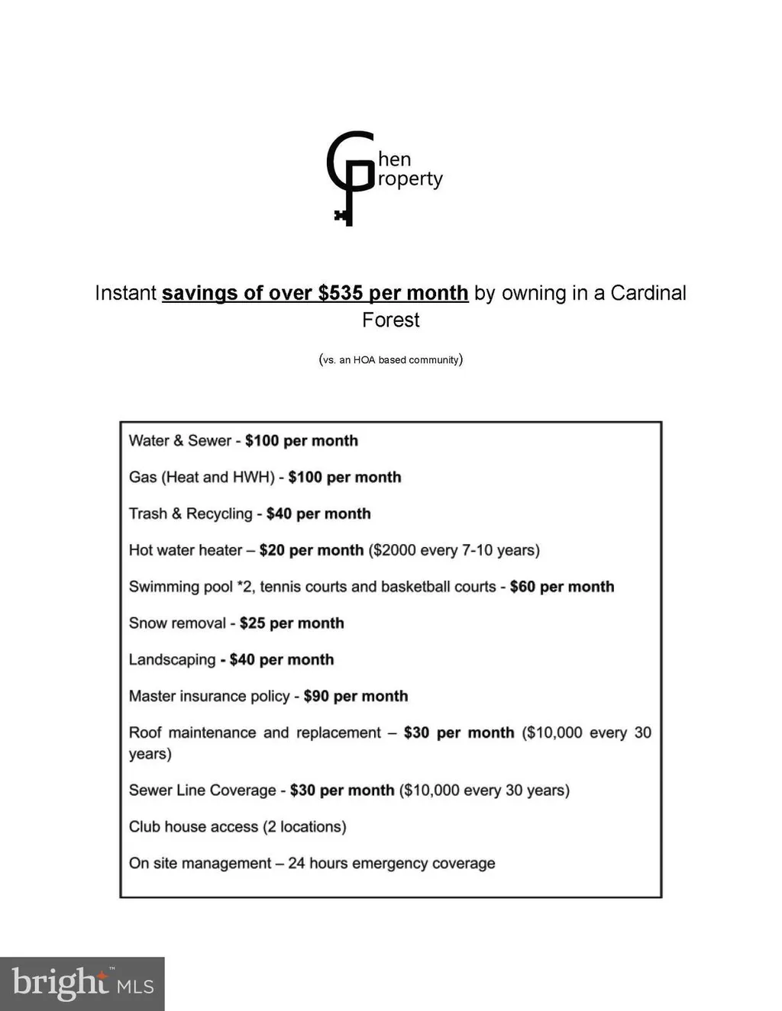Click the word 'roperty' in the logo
click(x=410, y=179)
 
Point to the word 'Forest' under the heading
click(x=390, y=320)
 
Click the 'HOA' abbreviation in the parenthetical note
click(x=364, y=359)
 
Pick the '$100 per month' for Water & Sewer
click(x=301, y=440)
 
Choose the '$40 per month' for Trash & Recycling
click(x=318, y=514)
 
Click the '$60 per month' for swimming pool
click(x=561, y=587)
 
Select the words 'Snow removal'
click(x=177, y=623)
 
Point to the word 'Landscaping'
click(x=172, y=659)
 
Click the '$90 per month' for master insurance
click(x=355, y=696)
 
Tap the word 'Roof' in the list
click(x=145, y=732)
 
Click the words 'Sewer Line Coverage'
click(x=202, y=790)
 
